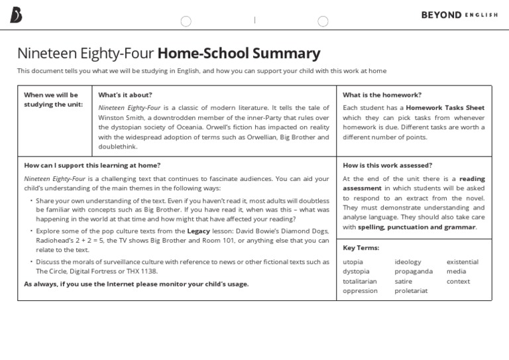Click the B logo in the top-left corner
pos(16,15)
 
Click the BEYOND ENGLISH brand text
pos(459,15)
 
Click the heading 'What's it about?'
pos(125,95)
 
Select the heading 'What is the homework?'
pos(382,95)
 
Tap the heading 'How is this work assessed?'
pos(387,165)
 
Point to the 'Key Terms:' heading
pos(361,247)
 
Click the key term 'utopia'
pos(353,262)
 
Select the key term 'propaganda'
pos(413,271)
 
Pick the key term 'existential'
pos(462,262)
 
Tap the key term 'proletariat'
pos(411,290)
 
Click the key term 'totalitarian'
pos(359,281)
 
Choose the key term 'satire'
pos(403,281)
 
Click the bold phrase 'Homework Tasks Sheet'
pos(445,107)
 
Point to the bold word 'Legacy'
pos(199,231)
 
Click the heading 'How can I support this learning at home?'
pos(92,165)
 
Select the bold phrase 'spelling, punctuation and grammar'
pos(416,227)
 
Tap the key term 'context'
pos(458,281)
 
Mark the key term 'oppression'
pos(360,290)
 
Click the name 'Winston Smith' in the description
pos(119,117)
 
